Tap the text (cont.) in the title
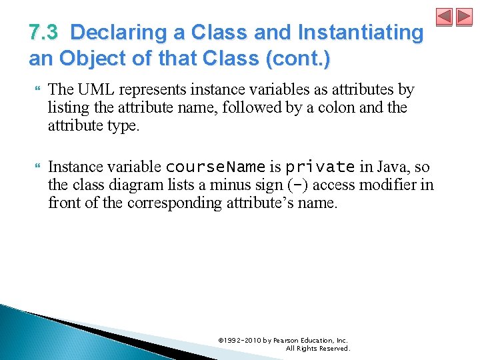tap(298, 59)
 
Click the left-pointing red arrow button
tap(445, 17)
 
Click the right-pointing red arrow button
tap(465, 17)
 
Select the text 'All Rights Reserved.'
tap(317, 348)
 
